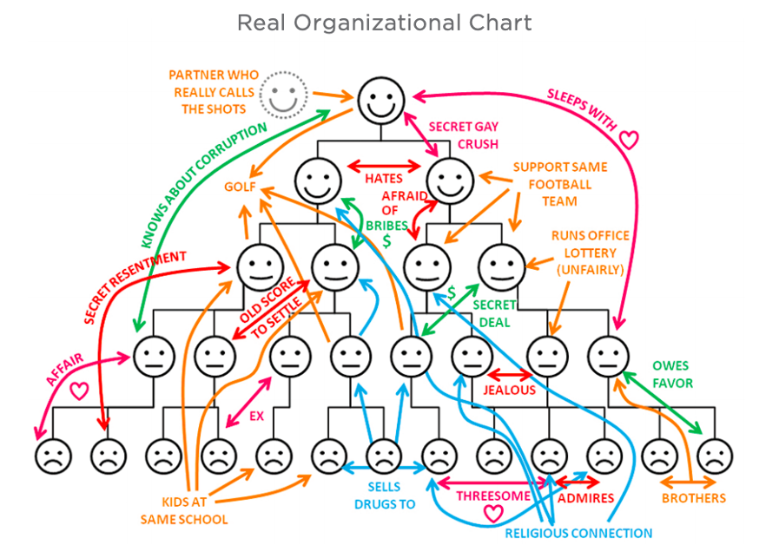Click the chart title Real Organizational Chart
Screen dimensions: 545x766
(x=384, y=23)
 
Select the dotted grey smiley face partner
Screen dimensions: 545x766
(x=281, y=94)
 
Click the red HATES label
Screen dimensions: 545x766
(x=383, y=179)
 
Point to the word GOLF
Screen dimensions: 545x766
(x=239, y=187)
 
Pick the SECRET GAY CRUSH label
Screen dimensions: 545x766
(x=466, y=135)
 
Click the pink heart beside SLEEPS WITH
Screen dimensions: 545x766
(x=629, y=138)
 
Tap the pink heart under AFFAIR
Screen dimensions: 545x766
(x=79, y=391)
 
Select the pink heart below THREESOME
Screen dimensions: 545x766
(x=493, y=514)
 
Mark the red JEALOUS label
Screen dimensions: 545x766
(x=510, y=390)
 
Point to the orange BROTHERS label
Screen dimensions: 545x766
(x=693, y=498)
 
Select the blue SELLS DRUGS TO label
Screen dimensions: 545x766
(x=385, y=496)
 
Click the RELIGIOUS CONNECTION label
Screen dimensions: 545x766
(x=578, y=533)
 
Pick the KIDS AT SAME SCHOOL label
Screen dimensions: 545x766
(x=184, y=510)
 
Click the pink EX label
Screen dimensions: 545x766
(x=256, y=417)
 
